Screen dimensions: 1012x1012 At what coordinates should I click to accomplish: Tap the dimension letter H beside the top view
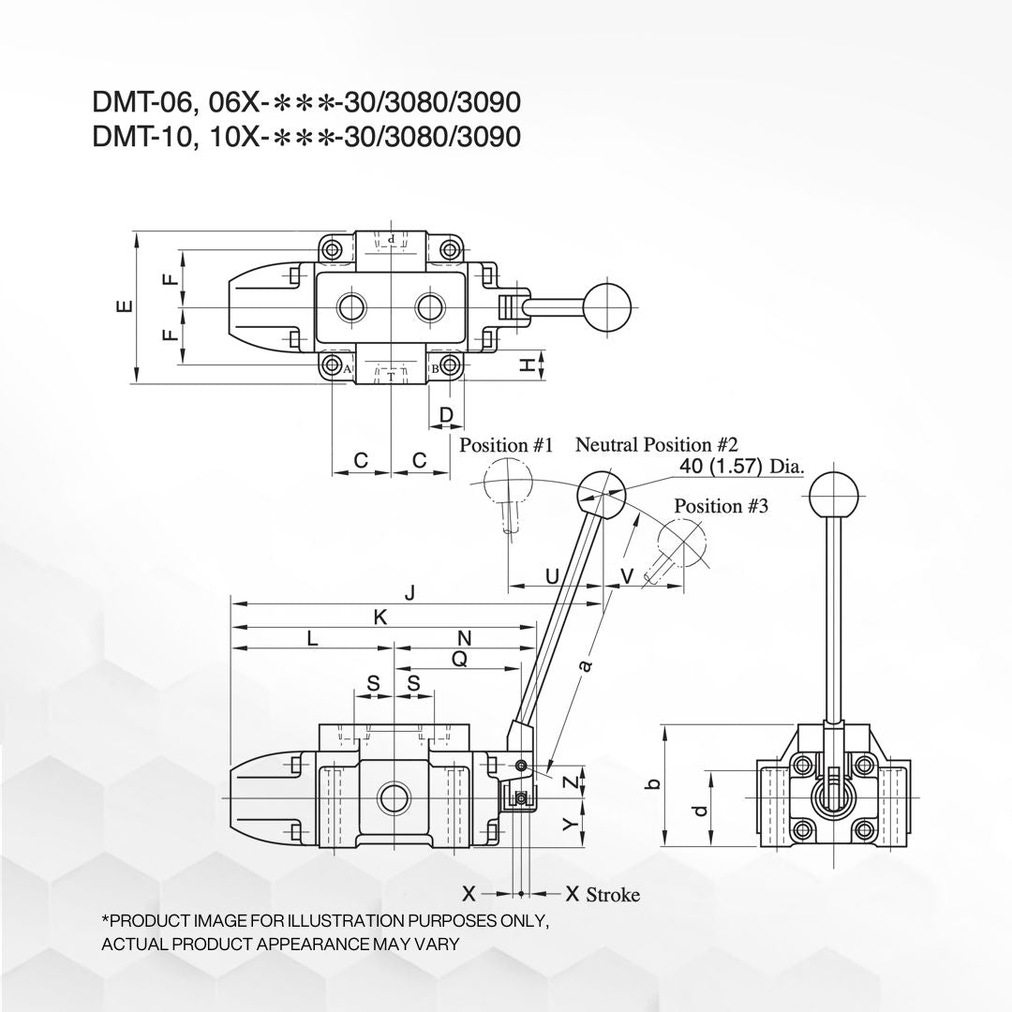click(528, 365)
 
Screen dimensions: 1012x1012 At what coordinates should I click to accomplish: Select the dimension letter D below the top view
click(447, 414)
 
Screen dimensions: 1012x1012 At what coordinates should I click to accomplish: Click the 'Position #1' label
click(506, 445)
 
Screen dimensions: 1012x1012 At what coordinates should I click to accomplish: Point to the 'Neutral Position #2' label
click(656, 445)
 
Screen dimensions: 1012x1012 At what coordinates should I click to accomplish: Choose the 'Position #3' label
click(721, 506)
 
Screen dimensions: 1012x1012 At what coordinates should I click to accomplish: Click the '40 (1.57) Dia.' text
click(742, 466)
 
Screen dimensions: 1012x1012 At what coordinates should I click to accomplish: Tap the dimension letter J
click(409, 593)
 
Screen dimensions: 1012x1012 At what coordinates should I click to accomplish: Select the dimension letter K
click(380, 618)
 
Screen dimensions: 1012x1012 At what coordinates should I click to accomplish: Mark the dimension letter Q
click(459, 659)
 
